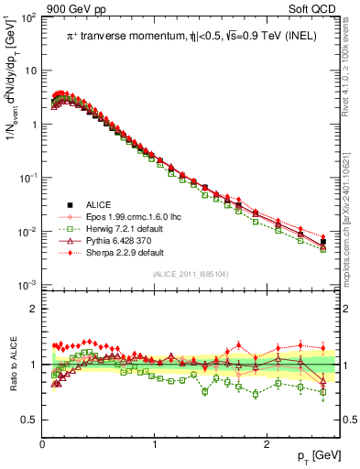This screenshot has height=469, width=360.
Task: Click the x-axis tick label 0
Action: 42,442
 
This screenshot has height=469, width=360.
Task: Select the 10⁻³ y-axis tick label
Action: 27,286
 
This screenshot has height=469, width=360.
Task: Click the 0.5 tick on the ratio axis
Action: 29,420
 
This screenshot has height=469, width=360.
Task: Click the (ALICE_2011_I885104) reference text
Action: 190,275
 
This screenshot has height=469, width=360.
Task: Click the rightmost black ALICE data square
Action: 322,242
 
